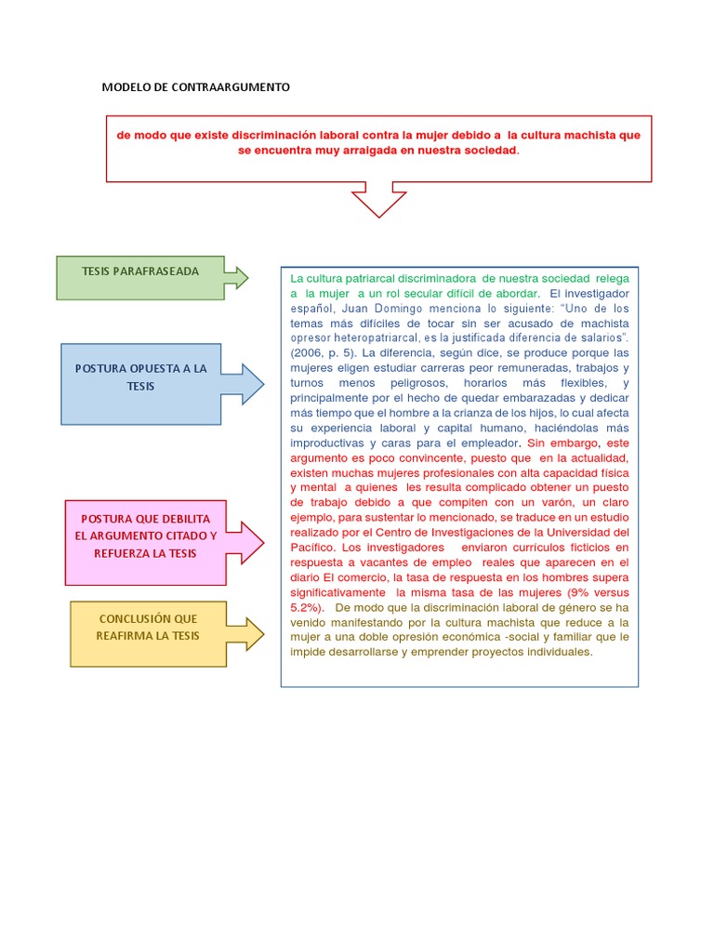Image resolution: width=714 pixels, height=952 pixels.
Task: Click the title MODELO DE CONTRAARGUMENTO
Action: (195, 86)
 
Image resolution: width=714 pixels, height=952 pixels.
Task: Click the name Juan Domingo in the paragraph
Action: (381, 308)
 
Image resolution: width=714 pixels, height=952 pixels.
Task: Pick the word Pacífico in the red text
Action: (312, 548)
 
